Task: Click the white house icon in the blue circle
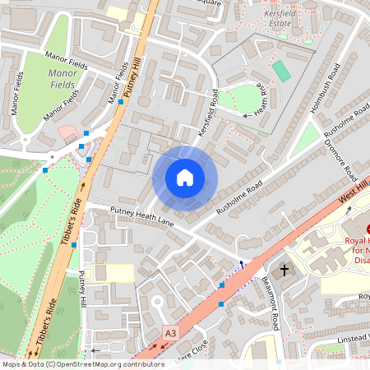pyautogui.click(x=185, y=177)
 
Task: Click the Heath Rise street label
pyautogui.click(x=257, y=99)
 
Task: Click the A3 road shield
pyautogui.click(x=170, y=333)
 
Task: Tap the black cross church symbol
pyautogui.click(x=284, y=270)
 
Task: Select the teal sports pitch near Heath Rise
pyautogui.click(x=281, y=72)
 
